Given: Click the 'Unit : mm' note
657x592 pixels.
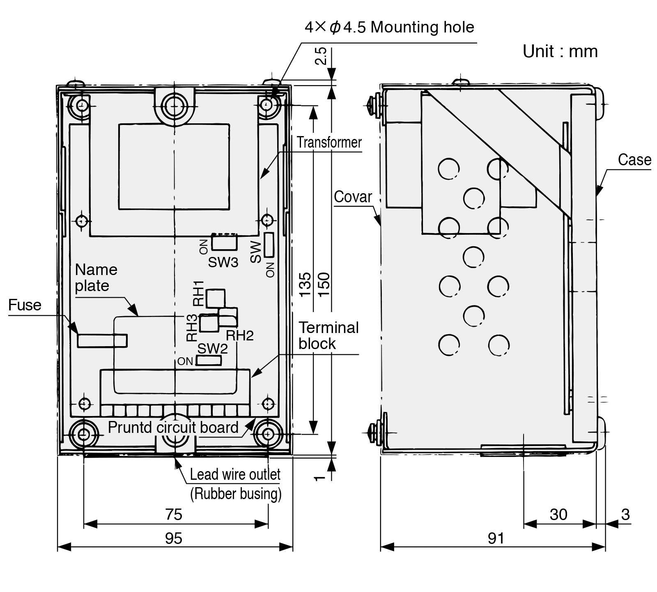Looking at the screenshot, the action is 560,52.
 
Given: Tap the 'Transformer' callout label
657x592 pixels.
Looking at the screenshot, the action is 329,142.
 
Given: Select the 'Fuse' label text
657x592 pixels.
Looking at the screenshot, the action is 25,305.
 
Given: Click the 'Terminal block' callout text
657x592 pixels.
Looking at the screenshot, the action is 328,335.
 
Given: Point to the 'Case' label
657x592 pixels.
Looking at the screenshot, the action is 634,160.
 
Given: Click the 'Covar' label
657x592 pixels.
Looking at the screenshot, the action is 353,197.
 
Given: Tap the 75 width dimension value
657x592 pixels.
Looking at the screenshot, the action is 174,514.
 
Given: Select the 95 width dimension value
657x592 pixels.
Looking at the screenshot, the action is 174,538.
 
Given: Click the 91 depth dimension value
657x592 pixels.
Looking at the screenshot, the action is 496,538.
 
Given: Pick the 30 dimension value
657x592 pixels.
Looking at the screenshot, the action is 558,514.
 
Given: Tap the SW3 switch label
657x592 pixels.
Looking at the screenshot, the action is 223,262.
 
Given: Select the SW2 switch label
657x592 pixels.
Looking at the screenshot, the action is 213,349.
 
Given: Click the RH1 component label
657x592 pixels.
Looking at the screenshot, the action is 199,293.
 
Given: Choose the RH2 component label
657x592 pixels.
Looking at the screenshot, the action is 240,335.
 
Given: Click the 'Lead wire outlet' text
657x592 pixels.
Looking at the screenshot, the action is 235,474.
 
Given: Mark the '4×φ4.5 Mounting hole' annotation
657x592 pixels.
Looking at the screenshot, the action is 389,28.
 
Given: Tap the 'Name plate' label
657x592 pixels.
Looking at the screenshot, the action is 96,277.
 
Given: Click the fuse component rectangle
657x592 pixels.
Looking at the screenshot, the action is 102,341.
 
